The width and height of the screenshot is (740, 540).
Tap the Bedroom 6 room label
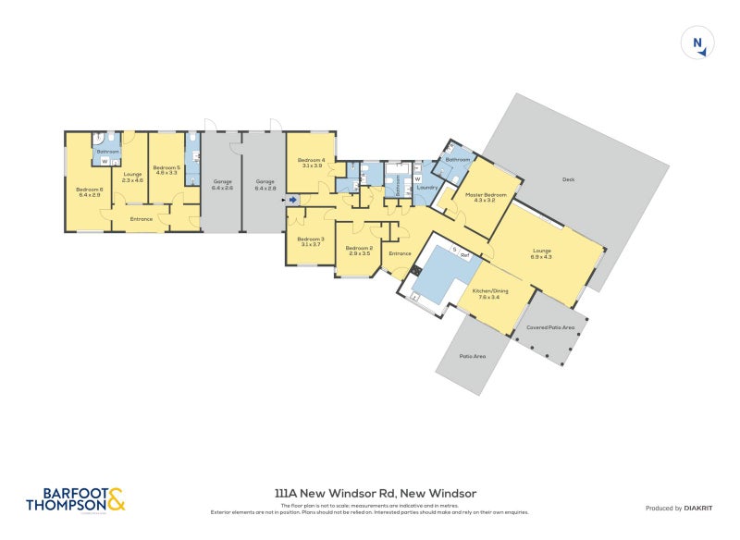click(x=90, y=192)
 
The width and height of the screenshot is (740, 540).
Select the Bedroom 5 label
click(x=166, y=170)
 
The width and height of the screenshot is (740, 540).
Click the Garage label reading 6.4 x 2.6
click(x=222, y=184)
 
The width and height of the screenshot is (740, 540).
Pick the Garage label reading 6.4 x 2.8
click(x=265, y=184)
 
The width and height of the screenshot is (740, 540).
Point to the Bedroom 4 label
click(x=310, y=163)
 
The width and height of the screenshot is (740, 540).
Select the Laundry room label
click(x=426, y=188)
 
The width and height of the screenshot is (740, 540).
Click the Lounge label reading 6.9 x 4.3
click(x=541, y=252)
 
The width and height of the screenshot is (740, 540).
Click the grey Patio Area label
click(x=473, y=357)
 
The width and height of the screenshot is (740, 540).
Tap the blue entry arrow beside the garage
click(x=292, y=199)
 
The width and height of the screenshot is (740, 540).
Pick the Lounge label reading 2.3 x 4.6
click(x=133, y=177)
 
